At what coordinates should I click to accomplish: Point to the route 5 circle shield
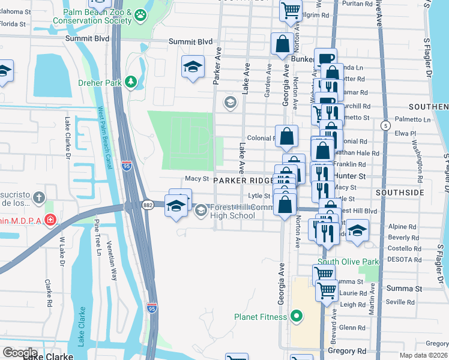385,125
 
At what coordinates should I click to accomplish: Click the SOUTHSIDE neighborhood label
399,193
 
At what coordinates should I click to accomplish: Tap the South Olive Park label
348,262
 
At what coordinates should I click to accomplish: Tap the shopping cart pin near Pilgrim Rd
291,9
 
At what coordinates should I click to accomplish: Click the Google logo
19,353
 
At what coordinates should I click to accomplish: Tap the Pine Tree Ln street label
97,237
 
